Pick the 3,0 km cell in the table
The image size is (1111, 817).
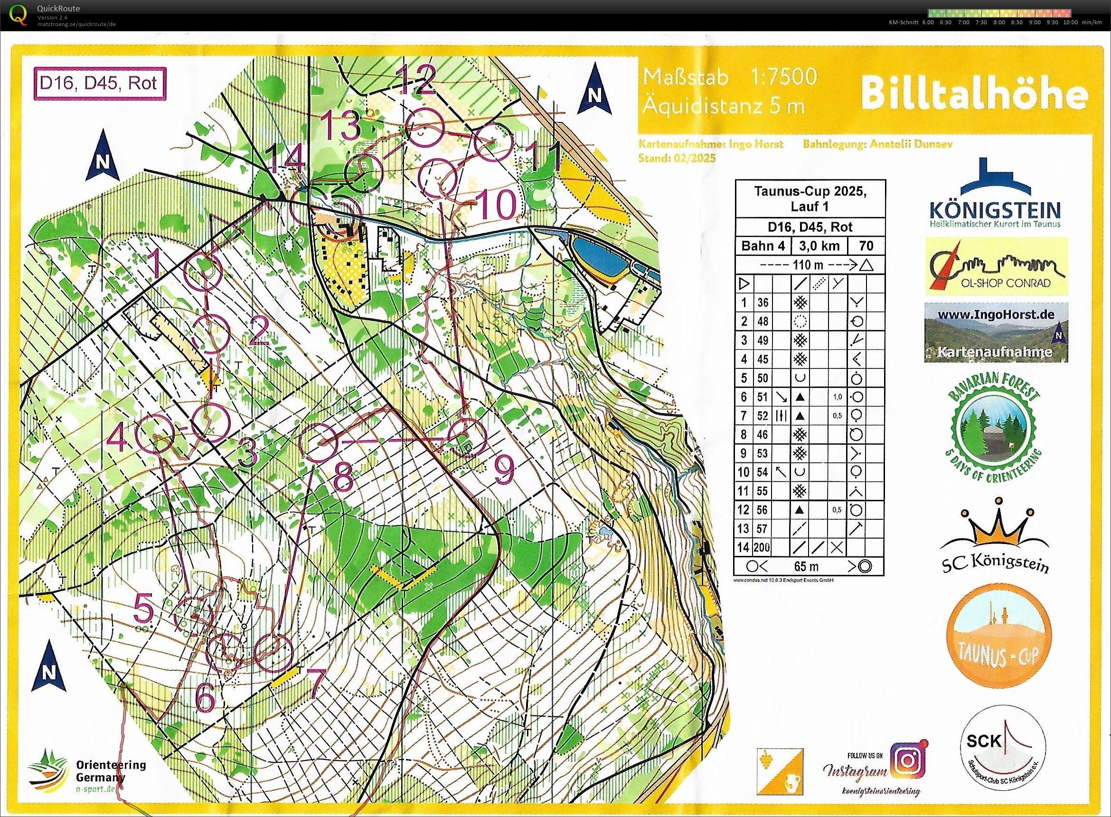(x=819, y=246)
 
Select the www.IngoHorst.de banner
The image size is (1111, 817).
(x=996, y=332)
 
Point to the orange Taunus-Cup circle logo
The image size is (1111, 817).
(x=998, y=642)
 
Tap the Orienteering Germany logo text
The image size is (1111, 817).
(x=111, y=770)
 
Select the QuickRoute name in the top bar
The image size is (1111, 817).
(x=58, y=9)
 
